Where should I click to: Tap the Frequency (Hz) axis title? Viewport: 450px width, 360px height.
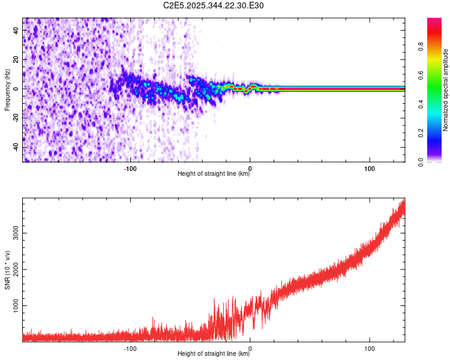[8, 89]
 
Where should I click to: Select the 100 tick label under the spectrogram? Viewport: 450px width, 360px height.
[370, 168]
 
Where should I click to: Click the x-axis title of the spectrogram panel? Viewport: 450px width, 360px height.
[214, 174]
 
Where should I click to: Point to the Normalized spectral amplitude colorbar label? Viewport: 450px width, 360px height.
[445, 90]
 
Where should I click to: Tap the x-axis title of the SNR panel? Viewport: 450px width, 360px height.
[214, 354]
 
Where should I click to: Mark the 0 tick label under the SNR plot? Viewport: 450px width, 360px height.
[250, 348]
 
